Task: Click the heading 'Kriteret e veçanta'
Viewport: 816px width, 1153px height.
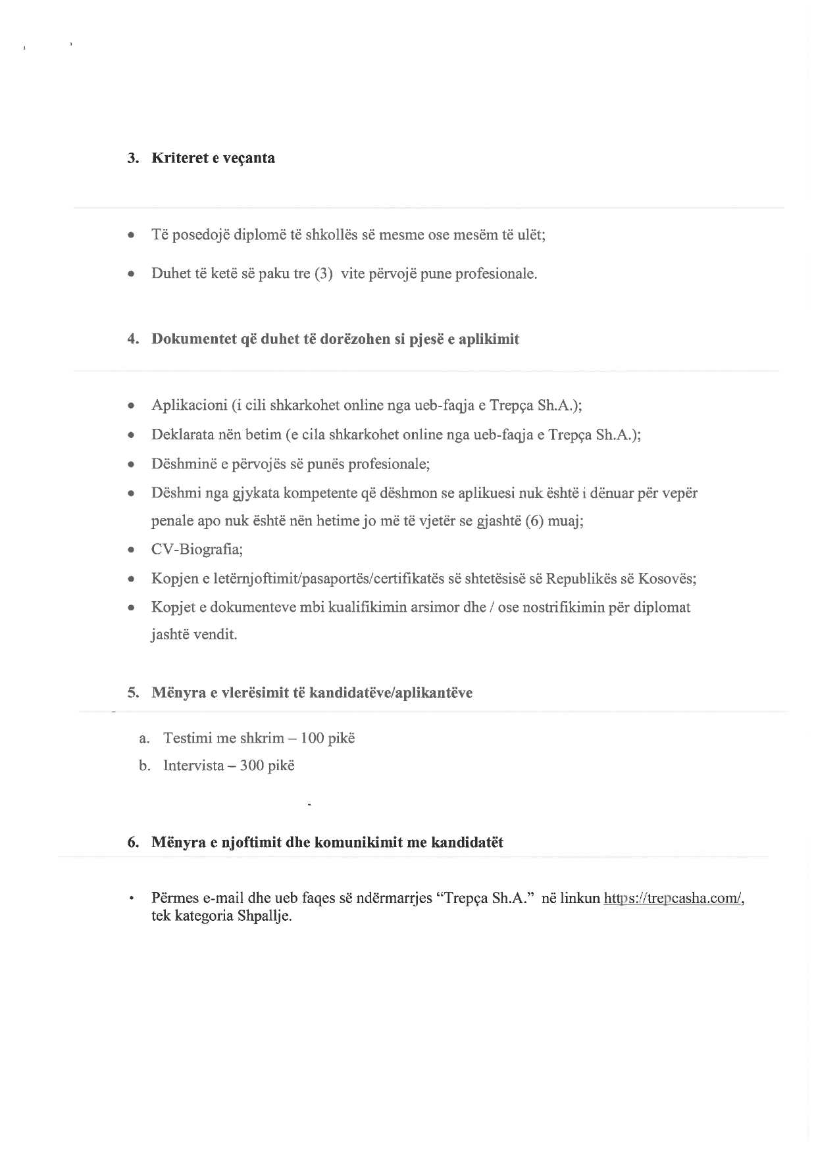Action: tap(213, 159)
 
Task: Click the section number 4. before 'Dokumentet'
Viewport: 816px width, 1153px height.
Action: tap(133, 339)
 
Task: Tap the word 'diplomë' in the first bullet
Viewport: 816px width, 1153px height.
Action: tap(259, 235)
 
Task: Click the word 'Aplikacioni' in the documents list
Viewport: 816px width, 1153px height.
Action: tap(190, 405)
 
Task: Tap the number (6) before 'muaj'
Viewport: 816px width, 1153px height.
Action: tap(534, 522)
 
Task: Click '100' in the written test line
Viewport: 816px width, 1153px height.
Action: tap(312, 738)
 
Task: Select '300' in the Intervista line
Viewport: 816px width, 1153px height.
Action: tap(252, 766)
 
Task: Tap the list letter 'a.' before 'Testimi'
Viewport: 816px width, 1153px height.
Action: tap(145, 738)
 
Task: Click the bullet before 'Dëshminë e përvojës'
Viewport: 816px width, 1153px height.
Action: tap(132, 464)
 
